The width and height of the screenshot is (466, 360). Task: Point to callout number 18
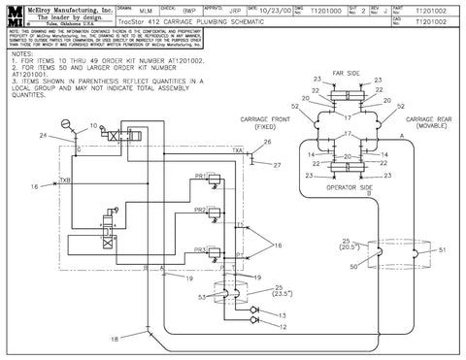coord(115,338)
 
